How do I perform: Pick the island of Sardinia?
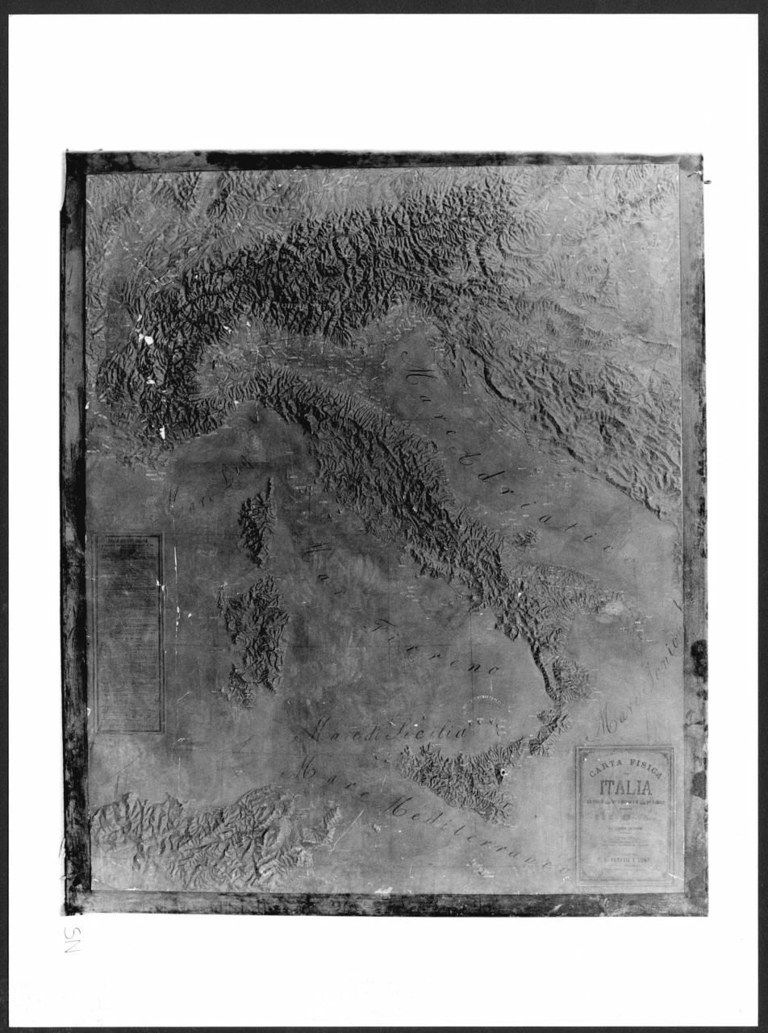tap(257, 629)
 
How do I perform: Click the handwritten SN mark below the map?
tap(71, 939)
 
